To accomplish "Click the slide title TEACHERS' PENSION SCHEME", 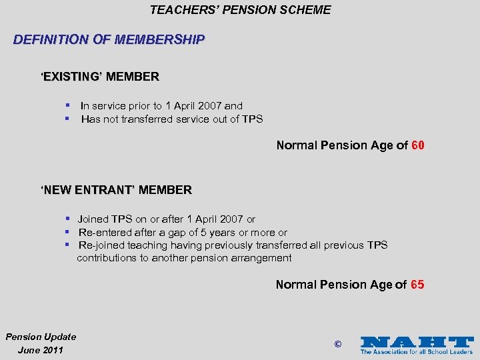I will [240, 9].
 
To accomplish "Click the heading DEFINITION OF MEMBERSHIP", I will [109, 39].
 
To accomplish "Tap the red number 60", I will [418, 145].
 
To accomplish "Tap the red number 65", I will [417, 285].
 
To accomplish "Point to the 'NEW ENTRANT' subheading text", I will [116, 190].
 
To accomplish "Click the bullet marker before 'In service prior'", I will [67, 105].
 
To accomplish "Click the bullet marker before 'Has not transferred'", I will [67, 119].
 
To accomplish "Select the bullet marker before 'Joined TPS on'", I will [67, 219].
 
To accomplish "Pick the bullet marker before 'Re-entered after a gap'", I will [67, 232].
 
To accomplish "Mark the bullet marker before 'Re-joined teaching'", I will [67, 245].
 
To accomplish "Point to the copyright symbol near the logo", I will [337, 345].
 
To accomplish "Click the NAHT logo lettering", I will [416, 341].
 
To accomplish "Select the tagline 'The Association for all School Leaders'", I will [416, 351].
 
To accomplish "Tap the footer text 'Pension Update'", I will [41, 337].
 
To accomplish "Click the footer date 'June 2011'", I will [41, 350].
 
